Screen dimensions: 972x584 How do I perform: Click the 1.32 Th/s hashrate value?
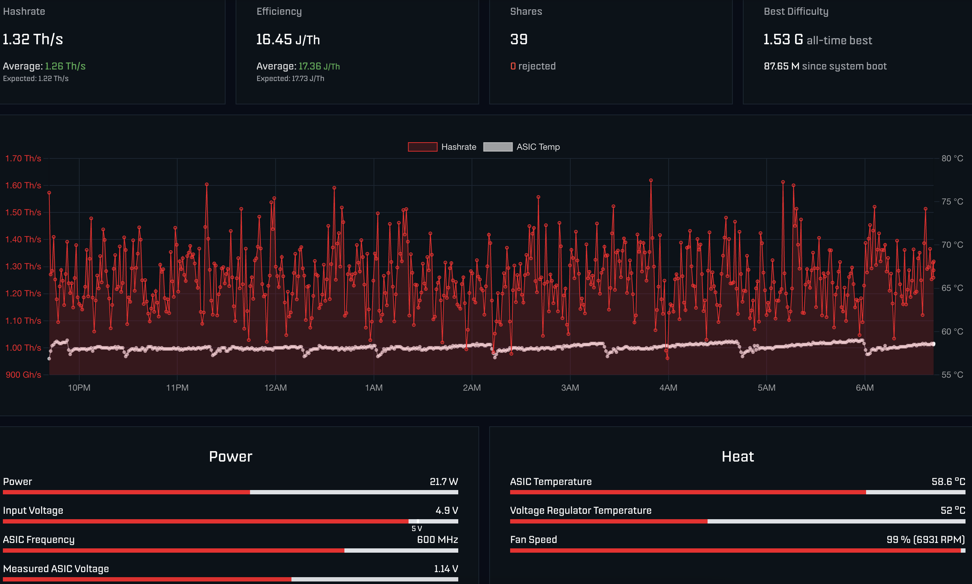point(33,39)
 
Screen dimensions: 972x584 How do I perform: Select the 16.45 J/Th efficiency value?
point(288,39)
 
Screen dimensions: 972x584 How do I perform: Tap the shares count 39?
point(518,39)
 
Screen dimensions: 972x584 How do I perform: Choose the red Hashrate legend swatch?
point(423,147)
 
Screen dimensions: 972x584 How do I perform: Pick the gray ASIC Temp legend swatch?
point(498,147)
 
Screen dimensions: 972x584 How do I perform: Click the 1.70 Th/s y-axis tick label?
point(23,158)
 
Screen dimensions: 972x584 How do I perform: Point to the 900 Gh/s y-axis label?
point(23,375)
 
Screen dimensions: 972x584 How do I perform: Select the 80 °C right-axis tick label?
point(952,158)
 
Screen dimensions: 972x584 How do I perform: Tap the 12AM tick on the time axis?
point(275,388)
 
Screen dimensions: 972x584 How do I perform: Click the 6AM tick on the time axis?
point(865,388)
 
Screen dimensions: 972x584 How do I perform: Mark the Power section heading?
point(230,457)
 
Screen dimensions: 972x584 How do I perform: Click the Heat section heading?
point(737,457)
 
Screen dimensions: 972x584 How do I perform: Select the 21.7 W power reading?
point(444,482)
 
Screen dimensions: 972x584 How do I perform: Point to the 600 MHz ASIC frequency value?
point(437,539)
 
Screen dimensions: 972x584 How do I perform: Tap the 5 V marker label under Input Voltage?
point(416,529)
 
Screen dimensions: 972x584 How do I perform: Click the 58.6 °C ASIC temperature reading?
point(948,482)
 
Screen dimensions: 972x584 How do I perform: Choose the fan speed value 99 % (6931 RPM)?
point(926,539)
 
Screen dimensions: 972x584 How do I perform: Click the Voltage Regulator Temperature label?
point(581,511)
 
